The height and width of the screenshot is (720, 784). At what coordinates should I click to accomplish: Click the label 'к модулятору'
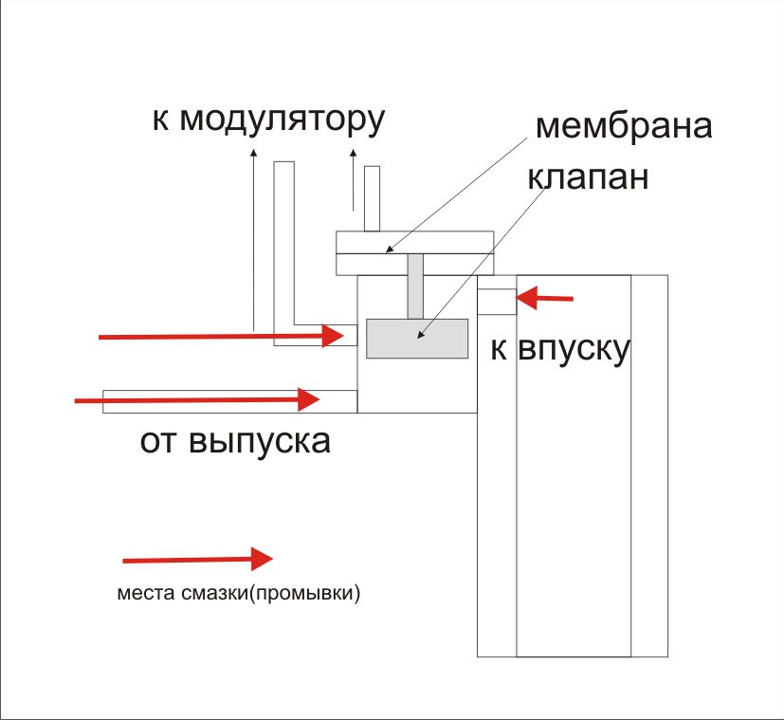click(267, 120)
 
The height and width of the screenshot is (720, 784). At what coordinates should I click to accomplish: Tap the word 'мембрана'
click(623, 126)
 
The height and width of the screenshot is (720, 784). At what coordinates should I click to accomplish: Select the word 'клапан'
click(587, 176)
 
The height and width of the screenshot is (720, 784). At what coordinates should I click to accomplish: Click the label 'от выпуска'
click(235, 441)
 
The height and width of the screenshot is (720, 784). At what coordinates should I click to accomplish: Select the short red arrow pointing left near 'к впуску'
click(548, 300)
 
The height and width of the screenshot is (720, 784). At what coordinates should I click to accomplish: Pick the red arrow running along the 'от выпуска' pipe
click(195, 400)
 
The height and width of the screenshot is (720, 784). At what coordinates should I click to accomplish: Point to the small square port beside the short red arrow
click(496, 301)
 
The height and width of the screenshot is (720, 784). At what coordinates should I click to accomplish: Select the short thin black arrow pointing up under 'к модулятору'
click(354, 180)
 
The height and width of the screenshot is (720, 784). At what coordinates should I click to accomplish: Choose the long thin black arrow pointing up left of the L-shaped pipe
click(254, 237)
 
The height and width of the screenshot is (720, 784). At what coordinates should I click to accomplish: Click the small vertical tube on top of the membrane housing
click(372, 198)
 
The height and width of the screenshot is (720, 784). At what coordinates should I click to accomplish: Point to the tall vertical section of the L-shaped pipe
click(283, 247)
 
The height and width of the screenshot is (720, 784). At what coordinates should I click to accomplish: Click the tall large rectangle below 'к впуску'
click(573, 512)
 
